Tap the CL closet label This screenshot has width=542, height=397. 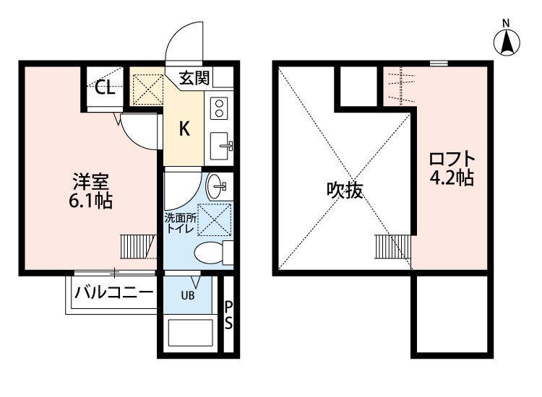105,89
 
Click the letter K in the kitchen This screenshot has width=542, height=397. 184,130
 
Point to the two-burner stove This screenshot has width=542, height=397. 220,108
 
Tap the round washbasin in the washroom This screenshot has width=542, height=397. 217,188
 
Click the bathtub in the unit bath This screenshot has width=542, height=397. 190,334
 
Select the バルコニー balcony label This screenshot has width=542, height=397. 115,293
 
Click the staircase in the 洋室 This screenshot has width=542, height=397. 138,245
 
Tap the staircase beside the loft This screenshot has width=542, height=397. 391,246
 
